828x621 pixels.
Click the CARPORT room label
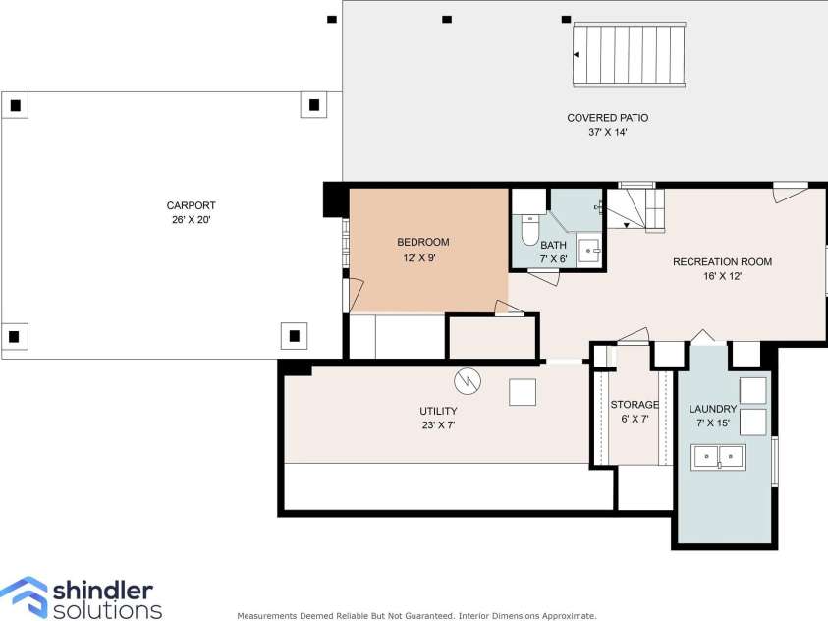click(190, 205)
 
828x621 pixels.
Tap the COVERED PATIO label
click(607, 118)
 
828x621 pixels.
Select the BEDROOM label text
click(422, 243)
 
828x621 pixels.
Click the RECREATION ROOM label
click(722, 262)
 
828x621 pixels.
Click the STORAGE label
click(634, 405)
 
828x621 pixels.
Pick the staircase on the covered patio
click(630, 56)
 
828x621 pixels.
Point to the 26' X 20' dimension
click(190, 220)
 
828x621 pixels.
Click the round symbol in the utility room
click(468, 379)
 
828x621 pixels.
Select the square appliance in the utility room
click(523, 392)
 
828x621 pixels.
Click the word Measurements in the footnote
click(269, 616)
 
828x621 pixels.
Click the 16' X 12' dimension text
click(722, 277)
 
